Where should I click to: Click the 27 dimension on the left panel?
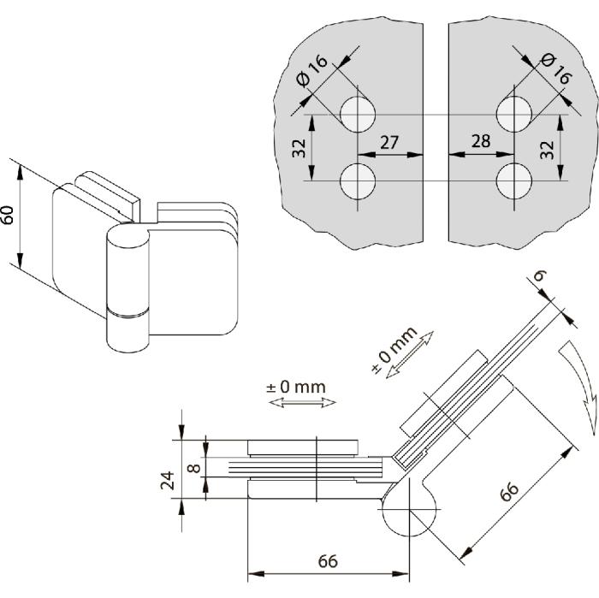(389, 142)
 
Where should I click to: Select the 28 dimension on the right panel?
(480, 141)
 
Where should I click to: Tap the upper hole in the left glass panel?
(358, 115)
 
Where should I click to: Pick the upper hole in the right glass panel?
(515, 115)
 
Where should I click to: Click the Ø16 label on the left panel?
(313, 71)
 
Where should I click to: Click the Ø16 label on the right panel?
(557, 67)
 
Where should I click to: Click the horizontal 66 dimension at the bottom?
(329, 561)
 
